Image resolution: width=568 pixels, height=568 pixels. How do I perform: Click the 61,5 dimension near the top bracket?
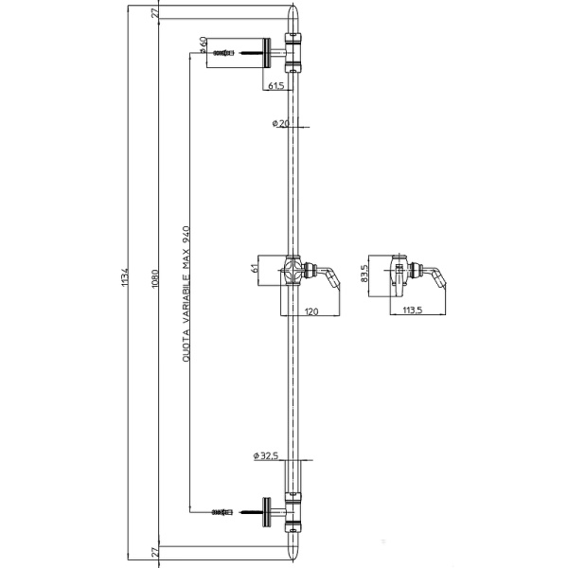(x=276, y=85)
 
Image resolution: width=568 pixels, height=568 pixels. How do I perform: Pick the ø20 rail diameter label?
(x=279, y=123)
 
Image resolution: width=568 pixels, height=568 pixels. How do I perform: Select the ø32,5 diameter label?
(x=265, y=455)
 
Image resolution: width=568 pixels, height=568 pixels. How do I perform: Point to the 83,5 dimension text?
(x=364, y=274)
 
